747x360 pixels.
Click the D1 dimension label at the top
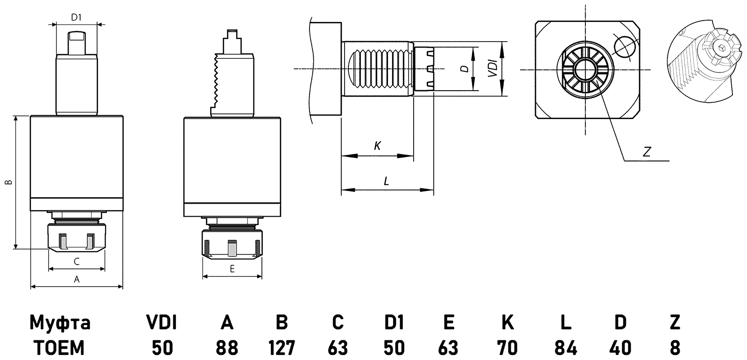click(77, 18)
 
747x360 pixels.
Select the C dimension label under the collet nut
click(77, 261)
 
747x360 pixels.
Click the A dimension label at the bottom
click(77, 279)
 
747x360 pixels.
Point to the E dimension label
click(232, 268)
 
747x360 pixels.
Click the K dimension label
click(377, 146)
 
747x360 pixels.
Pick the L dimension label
click(386, 181)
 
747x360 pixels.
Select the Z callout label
click(647, 152)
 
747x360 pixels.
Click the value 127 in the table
click(282, 347)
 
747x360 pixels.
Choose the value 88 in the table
click(227, 347)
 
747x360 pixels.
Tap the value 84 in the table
click(565, 347)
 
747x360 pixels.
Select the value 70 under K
click(507, 347)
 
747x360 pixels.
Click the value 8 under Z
click(675, 347)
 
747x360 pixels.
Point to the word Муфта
click(60, 322)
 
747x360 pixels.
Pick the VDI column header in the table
click(162, 322)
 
